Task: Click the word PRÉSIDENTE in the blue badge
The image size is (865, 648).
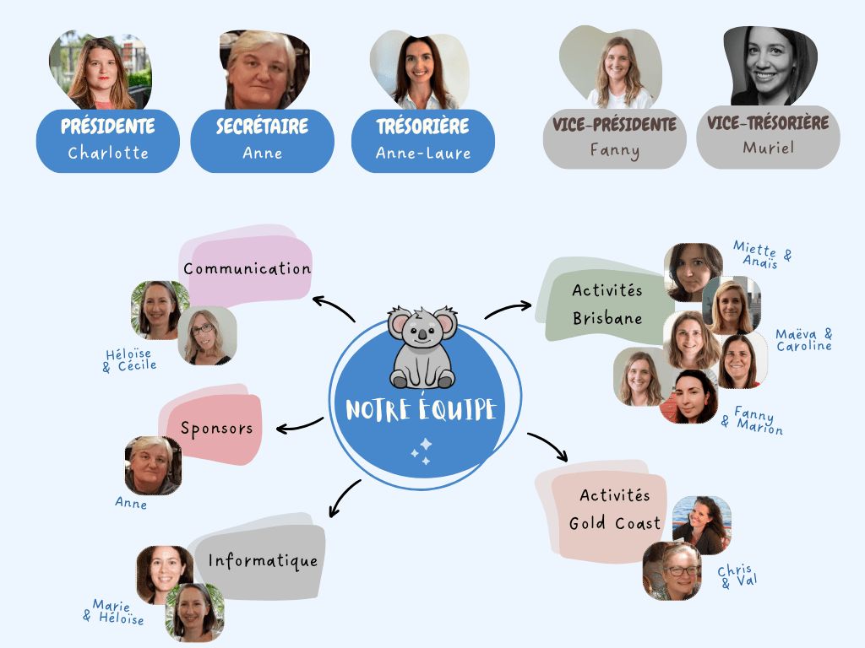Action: tap(108, 127)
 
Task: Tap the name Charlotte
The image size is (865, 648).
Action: tap(108, 154)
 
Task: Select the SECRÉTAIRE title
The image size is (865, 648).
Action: tap(262, 127)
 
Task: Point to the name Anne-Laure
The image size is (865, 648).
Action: tap(423, 154)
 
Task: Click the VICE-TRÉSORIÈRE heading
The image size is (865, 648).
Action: tap(768, 123)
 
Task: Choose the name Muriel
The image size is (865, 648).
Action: tap(768, 148)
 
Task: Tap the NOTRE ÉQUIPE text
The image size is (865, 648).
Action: tap(422, 410)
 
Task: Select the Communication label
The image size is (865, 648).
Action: tap(248, 269)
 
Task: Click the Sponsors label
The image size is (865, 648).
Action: tap(216, 429)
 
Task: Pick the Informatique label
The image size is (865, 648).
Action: tap(264, 560)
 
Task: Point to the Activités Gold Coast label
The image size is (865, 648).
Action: tap(615, 510)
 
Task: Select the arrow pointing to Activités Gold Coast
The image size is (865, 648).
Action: tap(549, 446)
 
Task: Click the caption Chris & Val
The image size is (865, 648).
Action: tap(736, 575)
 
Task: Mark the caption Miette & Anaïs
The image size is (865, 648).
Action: tap(762, 254)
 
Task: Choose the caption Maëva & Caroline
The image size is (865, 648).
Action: tap(803, 340)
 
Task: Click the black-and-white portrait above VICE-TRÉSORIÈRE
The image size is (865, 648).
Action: tap(770, 67)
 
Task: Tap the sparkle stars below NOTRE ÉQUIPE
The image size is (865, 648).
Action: tap(422, 451)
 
